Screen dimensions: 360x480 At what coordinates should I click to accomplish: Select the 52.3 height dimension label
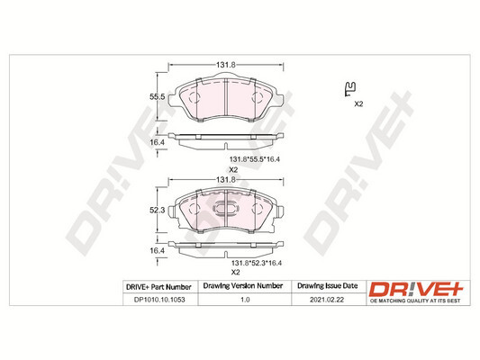tap(155, 210)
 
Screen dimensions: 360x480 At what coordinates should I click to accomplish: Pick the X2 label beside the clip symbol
tap(358, 105)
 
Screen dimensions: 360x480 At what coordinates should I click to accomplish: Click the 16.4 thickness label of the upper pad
tap(155, 141)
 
